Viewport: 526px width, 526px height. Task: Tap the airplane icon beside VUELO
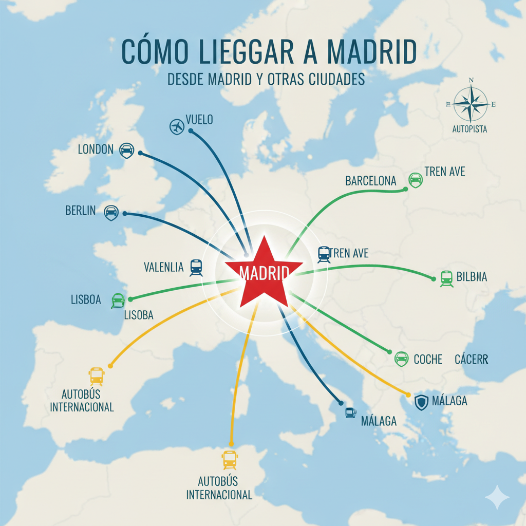(177, 126)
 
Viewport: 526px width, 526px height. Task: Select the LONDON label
(96, 149)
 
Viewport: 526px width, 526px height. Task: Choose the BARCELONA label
(371, 181)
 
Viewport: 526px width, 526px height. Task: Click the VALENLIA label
(164, 267)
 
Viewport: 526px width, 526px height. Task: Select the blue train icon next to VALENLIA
(196, 267)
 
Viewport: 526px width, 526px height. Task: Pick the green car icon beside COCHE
(401, 359)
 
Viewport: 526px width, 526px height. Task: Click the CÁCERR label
(471, 360)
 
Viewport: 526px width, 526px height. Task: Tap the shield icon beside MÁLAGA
(421, 402)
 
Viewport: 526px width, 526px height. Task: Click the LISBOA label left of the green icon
(86, 299)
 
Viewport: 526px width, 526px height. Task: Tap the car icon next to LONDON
(126, 151)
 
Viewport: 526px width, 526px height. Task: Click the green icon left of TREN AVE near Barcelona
(415, 180)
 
